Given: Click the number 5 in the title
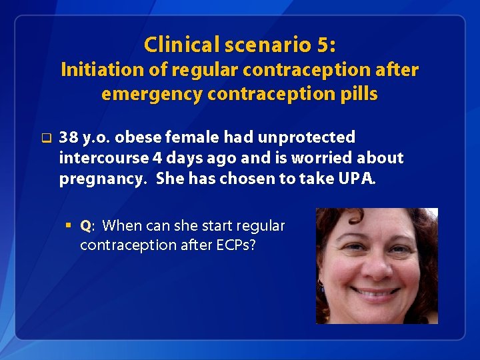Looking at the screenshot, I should tap(323, 45).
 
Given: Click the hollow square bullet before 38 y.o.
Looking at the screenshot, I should tap(45, 139).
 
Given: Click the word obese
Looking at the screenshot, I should tap(137, 137).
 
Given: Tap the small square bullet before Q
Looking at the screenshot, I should tap(70, 225).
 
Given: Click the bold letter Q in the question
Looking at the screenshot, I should tap(85, 226).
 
